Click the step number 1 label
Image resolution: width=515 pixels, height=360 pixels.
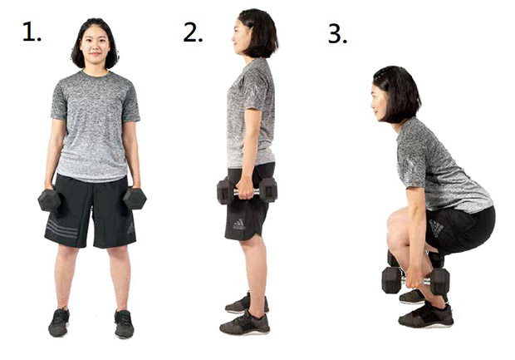32,32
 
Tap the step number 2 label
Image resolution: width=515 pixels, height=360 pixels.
193,32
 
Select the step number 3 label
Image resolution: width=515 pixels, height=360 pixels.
337,34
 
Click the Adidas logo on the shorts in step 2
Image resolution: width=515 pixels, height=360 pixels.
238,224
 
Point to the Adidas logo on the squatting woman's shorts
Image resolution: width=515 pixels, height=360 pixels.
436,228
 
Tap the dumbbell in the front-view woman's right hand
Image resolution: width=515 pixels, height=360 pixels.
50,200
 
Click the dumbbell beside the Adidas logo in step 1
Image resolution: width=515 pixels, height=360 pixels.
135,198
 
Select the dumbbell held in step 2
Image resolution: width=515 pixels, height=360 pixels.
247,190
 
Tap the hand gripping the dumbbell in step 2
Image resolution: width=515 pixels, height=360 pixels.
245,189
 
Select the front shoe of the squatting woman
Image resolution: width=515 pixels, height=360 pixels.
426,315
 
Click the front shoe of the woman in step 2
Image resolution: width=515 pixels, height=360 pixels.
245,323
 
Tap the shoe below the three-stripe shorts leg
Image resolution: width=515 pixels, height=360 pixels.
59,323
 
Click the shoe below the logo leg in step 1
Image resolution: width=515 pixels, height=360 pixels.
124,324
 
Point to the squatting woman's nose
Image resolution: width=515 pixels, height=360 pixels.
373,105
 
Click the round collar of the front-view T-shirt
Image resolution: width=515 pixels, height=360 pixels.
96,74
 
